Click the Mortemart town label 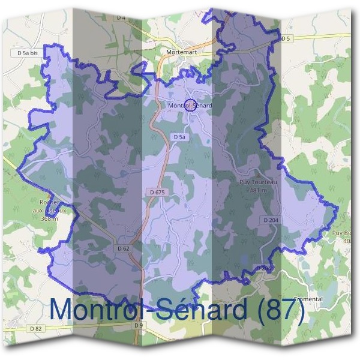(180, 52)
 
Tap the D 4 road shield (121, 18)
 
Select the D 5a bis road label (28, 53)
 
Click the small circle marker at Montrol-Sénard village (190, 106)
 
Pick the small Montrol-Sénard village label (190, 106)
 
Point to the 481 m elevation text (257, 190)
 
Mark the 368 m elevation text (50, 219)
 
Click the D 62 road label (124, 248)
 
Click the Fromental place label (309, 299)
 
